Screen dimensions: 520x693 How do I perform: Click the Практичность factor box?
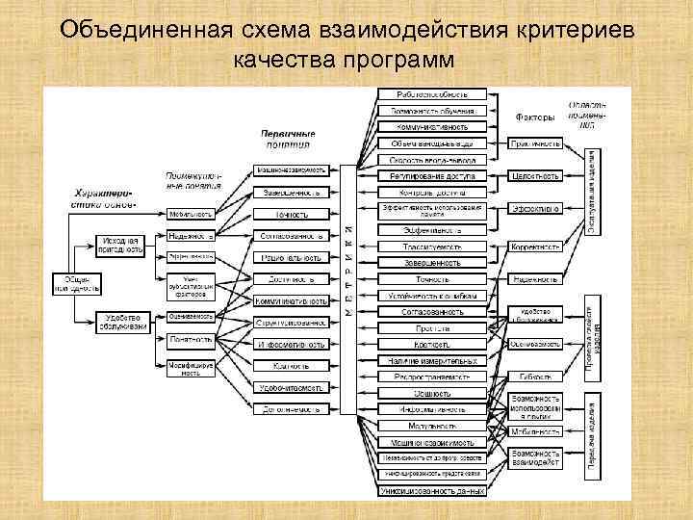[x=535, y=143]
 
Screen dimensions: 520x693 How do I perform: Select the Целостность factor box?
[x=535, y=176]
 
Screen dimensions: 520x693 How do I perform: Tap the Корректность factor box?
[x=535, y=247]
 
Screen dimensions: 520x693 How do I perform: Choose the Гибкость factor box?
[x=535, y=377]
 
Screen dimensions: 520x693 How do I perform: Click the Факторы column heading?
[x=535, y=117]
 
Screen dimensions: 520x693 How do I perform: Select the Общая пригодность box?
[x=76, y=284]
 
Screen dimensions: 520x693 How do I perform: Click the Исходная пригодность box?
[x=120, y=246]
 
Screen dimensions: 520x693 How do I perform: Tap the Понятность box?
[x=189, y=339]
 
